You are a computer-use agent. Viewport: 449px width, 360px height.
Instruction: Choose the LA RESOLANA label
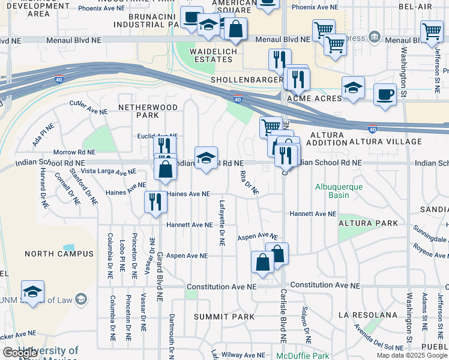tap(368, 315)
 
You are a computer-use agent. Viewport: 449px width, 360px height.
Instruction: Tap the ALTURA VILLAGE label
tap(385, 142)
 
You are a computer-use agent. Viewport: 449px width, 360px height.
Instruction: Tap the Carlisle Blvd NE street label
tap(283, 315)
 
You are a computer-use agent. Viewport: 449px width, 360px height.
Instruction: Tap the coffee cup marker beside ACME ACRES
tap(385, 94)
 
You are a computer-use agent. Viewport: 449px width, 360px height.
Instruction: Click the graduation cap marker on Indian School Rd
tap(206, 158)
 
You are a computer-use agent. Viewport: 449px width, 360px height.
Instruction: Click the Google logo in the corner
tap(20, 353)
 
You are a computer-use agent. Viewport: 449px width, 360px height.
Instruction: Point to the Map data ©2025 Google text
tap(411, 355)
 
